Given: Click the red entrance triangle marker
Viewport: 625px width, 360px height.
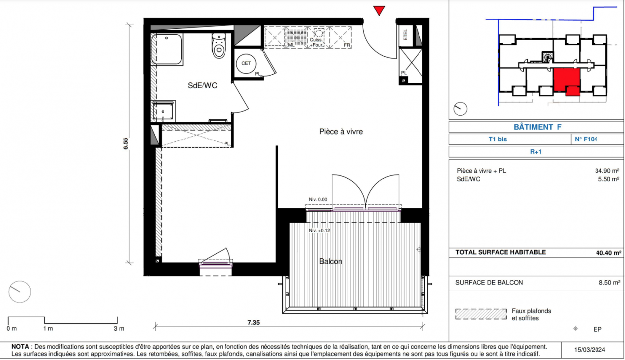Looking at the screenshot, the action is point(379,11).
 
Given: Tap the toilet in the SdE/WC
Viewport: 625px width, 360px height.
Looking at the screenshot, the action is point(219,46).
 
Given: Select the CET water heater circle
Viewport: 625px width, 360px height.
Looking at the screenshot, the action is point(246,63).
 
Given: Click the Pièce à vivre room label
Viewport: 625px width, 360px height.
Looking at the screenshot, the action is point(341,131).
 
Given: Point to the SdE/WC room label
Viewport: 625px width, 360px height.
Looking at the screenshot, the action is point(202,85).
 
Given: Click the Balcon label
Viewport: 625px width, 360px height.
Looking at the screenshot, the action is point(331,261).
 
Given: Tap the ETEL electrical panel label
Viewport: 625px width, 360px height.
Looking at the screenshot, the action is point(405,35).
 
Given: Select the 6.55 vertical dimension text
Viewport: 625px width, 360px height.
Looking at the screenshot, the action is point(126,144).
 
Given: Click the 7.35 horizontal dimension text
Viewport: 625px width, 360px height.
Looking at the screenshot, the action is point(253,323).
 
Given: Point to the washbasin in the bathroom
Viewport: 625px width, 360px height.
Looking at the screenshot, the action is point(163,111).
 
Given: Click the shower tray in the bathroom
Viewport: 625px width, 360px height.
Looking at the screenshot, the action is point(166,49).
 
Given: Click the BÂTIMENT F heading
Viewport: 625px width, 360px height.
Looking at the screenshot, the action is point(537,127).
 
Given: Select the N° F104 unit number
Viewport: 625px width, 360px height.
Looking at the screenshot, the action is point(586,139).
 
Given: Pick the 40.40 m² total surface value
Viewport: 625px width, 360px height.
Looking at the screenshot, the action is point(608,253).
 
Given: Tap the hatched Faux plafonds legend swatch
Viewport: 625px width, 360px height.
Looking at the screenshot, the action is point(481,314).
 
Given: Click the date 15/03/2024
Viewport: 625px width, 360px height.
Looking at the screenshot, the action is point(589,350).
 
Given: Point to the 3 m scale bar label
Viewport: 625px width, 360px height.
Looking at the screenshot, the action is point(119,329).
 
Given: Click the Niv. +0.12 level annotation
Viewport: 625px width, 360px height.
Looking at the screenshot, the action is point(319,231).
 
